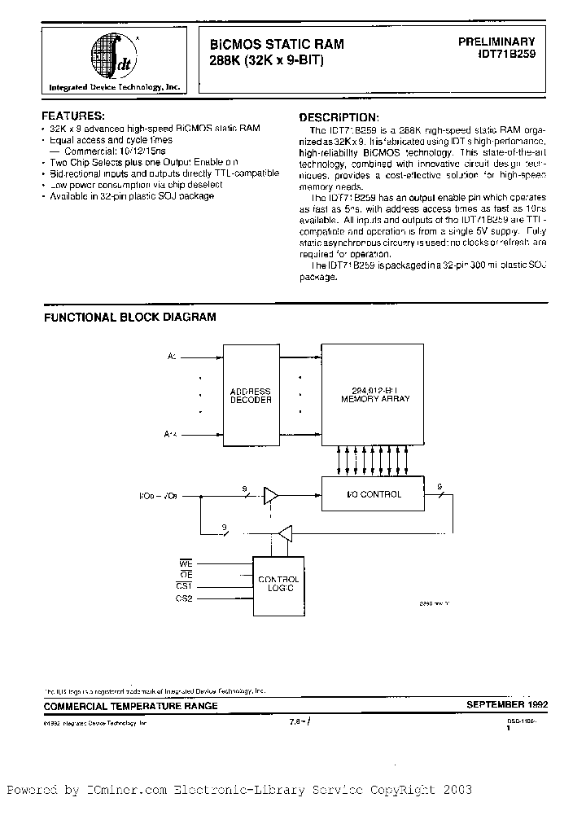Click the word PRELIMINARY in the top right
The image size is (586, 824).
pos(495,41)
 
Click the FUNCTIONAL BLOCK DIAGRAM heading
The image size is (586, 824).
pos(129,317)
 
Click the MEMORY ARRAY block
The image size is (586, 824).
pos(375,395)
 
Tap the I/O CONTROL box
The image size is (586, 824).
pos(374,494)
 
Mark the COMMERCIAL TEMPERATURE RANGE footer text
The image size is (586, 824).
pos(130,706)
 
